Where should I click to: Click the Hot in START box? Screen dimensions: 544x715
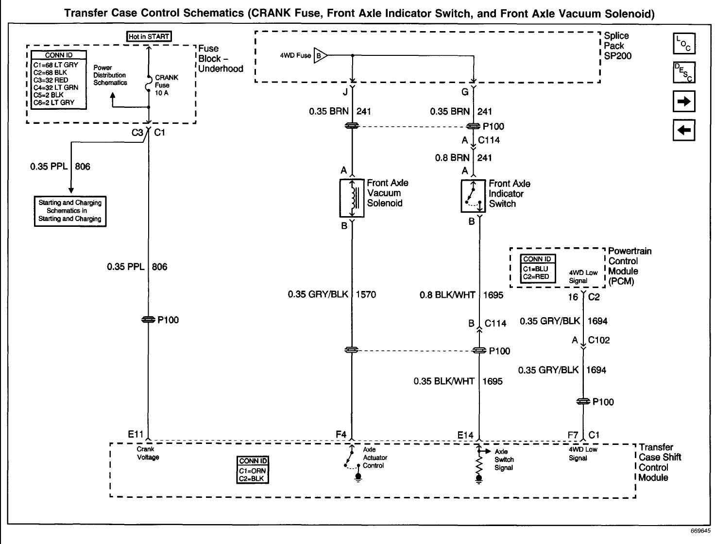point(149,36)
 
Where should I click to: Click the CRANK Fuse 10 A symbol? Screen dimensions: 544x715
point(149,85)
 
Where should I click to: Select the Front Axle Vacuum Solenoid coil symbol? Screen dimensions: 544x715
point(352,198)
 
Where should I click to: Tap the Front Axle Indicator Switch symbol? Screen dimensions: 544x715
point(473,196)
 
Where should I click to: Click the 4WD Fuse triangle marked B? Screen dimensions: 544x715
point(321,55)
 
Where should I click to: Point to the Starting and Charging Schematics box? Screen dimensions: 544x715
point(70,211)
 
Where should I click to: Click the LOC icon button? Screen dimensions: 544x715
point(684,44)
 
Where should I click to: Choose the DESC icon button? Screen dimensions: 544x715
point(684,72)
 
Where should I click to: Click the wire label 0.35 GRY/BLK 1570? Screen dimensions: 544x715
point(332,294)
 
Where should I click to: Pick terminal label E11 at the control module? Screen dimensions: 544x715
point(136,435)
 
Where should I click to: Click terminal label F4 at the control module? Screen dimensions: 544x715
point(341,435)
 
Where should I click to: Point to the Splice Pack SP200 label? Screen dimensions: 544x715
point(617,46)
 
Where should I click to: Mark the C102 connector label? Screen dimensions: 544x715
point(598,340)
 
